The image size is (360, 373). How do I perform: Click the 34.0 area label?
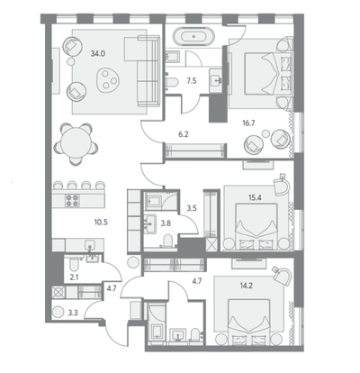point(98,54)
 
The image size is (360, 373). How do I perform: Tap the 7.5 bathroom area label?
point(192,81)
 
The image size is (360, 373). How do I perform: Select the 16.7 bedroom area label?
point(248,123)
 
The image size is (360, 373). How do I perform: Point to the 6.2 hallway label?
point(184,134)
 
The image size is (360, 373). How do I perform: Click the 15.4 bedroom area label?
point(255,197)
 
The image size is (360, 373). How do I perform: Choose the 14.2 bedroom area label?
point(246,286)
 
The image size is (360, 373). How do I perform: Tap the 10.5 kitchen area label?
point(101,223)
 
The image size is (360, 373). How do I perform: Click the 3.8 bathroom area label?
point(166,223)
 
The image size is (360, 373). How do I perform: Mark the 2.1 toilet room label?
point(74,277)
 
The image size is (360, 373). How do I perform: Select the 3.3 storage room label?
point(73,314)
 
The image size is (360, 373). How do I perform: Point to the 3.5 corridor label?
point(192,208)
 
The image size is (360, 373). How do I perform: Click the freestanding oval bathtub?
point(193,37)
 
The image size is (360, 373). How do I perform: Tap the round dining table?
point(76,143)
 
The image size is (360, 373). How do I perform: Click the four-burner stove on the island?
point(72,200)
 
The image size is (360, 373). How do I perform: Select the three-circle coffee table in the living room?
point(108,78)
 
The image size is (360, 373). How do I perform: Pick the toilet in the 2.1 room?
point(73,265)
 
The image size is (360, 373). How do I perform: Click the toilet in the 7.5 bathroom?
point(172,81)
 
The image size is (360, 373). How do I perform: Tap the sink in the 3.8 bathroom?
point(150,223)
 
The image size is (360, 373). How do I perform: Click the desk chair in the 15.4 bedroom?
point(283,186)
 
